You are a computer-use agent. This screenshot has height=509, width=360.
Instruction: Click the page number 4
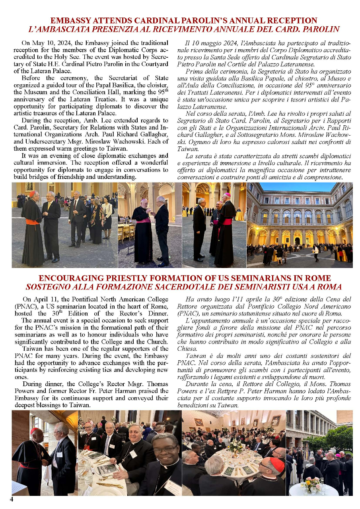12,499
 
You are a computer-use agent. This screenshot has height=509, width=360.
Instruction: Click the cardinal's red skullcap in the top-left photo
32,193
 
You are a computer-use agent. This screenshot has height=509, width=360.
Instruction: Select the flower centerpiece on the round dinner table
236,446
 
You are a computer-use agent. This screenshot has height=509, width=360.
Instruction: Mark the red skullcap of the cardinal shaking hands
34,431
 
